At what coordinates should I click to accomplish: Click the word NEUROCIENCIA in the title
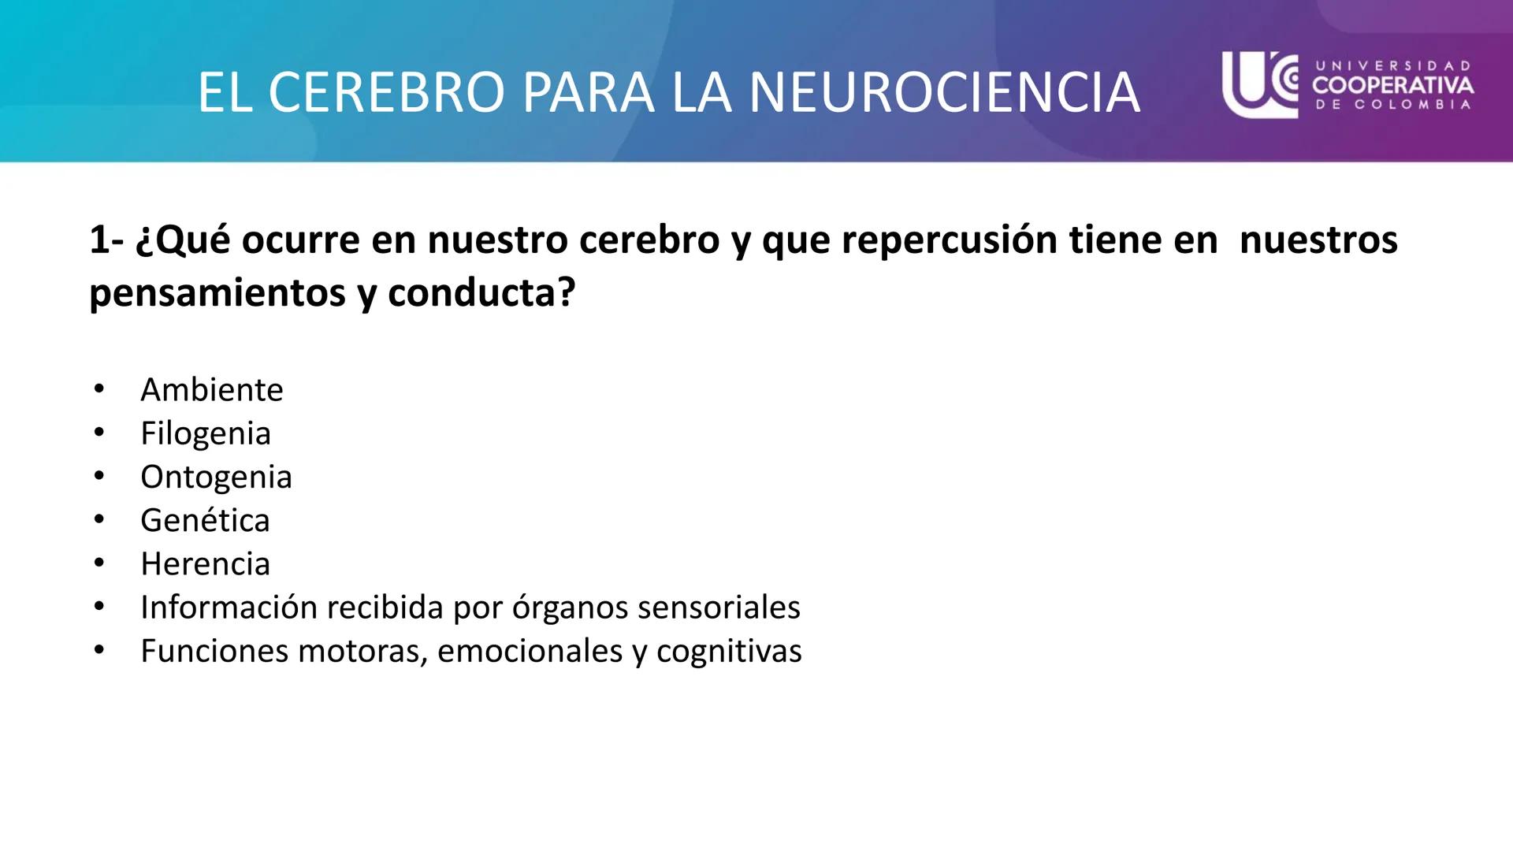[944, 93]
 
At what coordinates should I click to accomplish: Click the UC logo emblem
[1259, 84]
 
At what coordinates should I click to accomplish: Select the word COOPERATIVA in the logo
[1392, 85]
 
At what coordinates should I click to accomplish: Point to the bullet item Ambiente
[211, 390]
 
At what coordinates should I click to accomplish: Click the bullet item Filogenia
[205, 433]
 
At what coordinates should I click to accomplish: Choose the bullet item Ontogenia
[216, 477]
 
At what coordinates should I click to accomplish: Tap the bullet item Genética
[205, 520]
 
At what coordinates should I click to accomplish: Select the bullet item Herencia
[205, 564]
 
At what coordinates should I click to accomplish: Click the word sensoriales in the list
[719, 608]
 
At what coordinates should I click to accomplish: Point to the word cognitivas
[729, 651]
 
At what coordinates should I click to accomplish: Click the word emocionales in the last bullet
[530, 651]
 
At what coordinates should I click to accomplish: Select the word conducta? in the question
[481, 293]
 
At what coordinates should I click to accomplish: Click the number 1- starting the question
[106, 240]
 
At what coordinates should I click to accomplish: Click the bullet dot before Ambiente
[99, 389]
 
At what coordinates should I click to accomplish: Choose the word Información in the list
[228, 608]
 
